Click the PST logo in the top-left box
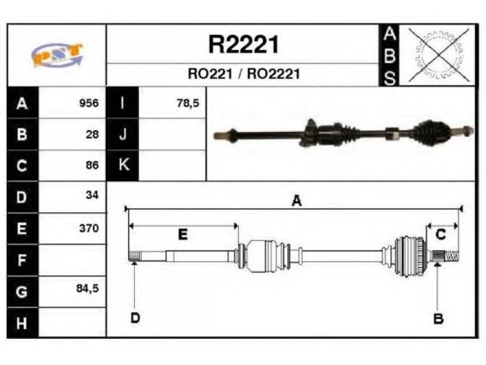[57, 55]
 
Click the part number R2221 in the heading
[244, 44]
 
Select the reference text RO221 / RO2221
[244, 74]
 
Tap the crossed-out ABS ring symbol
[439, 55]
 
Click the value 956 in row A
[89, 103]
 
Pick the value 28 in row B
[92, 134]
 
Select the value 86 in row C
[92, 165]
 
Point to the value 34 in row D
[92, 195]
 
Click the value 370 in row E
[89, 228]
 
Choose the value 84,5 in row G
[87, 288]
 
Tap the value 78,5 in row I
[188, 103]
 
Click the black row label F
[22, 260]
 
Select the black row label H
[22, 323]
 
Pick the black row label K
[123, 165]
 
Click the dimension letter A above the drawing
[296, 201]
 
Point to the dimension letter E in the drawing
[183, 234]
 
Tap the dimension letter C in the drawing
[440, 234]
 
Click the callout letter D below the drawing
[135, 318]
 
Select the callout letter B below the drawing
[438, 318]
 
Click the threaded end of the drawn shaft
[452, 256]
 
